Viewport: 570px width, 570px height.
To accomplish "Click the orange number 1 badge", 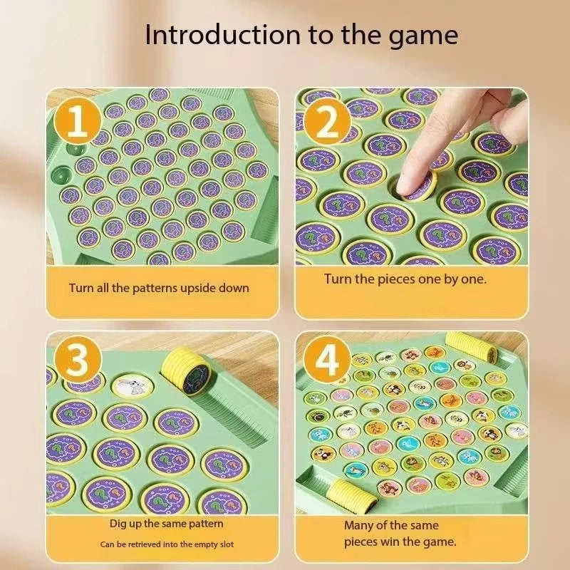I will coord(79,123).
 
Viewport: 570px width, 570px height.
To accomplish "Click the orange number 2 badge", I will coord(327,123).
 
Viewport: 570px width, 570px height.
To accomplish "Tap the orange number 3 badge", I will coord(79,363).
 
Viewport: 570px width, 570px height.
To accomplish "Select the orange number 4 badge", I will coord(327,363).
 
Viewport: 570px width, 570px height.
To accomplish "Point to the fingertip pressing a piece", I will coord(418,182).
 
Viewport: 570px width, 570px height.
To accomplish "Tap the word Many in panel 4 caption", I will coord(360,525).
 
